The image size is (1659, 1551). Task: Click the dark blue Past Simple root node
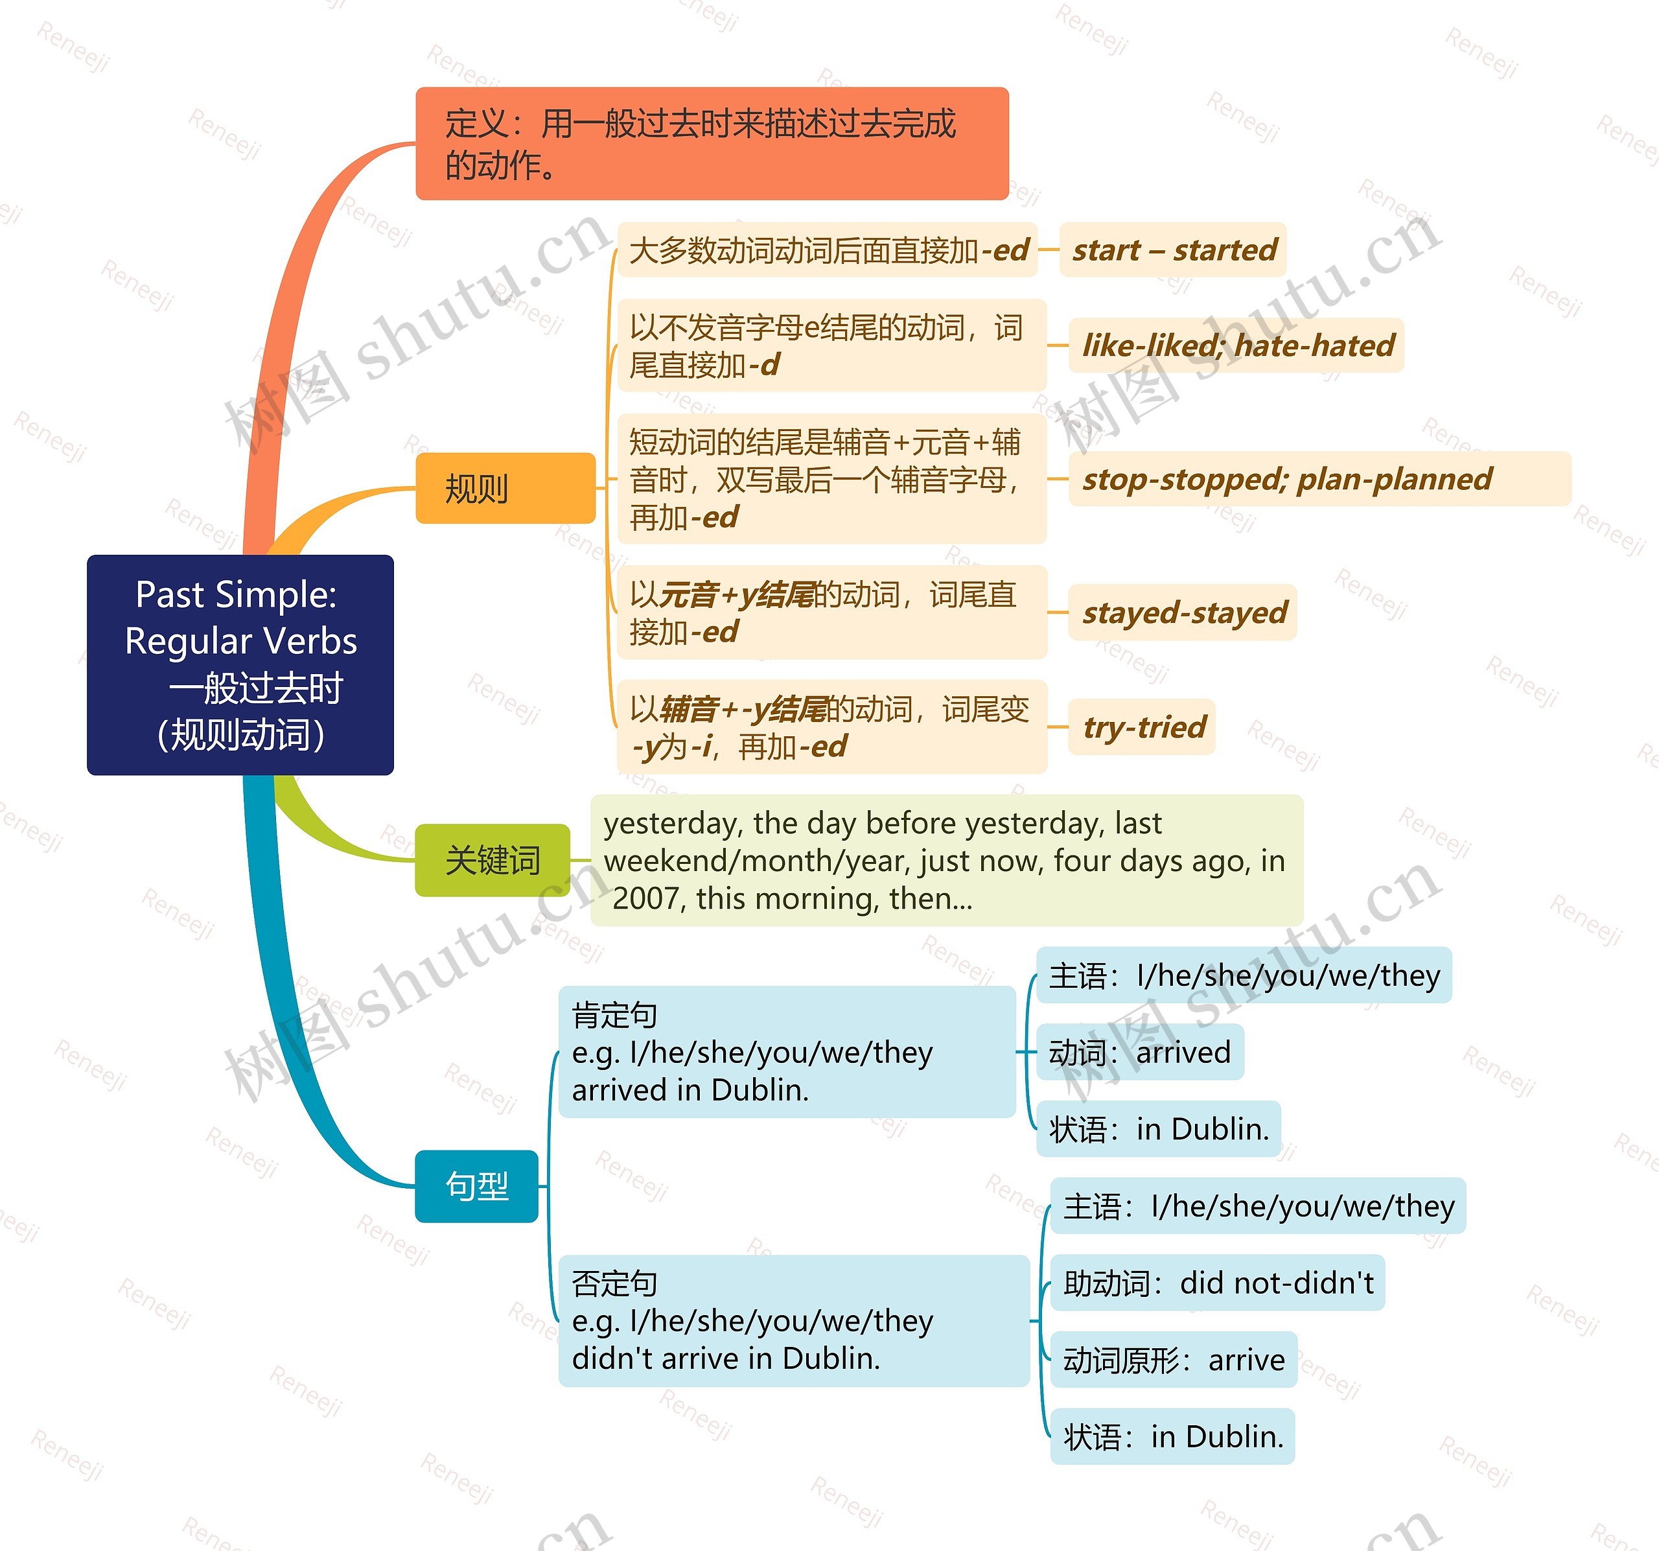pyautogui.click(x=240, y=664)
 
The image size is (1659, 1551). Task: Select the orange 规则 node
pyautogui.click(x=505, y=488)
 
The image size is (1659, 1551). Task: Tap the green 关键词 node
pyautogui.click(x=493, y=860)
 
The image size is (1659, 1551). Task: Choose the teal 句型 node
pyautogui.click(x=476, y=1185)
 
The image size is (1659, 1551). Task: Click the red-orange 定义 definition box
pyautogui.click(x=712, y=144)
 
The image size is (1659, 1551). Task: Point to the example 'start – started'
pyautogui.click(x=1172, y=250)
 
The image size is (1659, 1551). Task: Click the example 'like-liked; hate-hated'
pyautogui.click(x=1236, y=345)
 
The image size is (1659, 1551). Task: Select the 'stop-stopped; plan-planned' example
pyautogui.click(x=1319, y=478)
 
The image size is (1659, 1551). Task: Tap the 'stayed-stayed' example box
pyautogui.click(x=1183, y=612)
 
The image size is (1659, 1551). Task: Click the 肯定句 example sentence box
pyautogui.click(x=787, y=1052)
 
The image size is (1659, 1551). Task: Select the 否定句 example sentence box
pyautogui.click(x=793, y=1321)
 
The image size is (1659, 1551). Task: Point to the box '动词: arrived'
pyautogui.click(x=1139, y=1052)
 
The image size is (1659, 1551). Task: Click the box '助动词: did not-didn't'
pyautogui.click(x=1217, y=1282)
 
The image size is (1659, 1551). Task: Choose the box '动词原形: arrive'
pyautogui.click(x=1172, y=1360)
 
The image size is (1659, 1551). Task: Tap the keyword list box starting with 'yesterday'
pyautogui.click(x=946, y=860)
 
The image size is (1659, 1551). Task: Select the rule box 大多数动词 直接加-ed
pyautogui.click(x=827, y=250)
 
